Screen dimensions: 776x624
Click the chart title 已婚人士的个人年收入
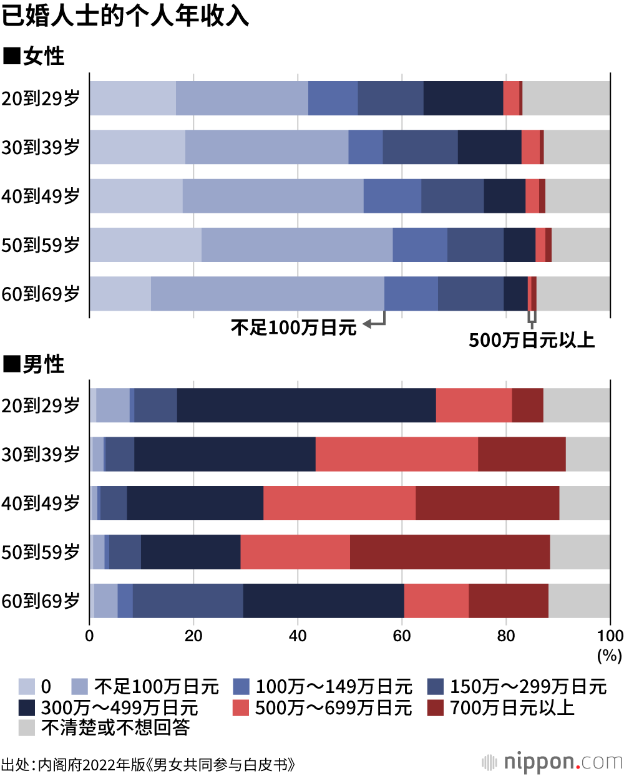point(125,16)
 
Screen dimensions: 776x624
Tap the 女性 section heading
point(34,56)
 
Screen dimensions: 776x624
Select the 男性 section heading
point(34,364)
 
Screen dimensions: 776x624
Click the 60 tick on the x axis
point(402,636)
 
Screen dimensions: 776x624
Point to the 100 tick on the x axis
point(610,636)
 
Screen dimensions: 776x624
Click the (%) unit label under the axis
point(609,655)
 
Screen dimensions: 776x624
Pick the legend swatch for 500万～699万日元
point(241,707)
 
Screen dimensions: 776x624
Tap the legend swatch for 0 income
point(27,687)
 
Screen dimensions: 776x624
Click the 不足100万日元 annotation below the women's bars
point(293,327)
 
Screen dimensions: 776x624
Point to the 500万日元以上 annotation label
point(532,340)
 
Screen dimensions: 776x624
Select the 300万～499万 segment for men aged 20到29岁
point(306,405)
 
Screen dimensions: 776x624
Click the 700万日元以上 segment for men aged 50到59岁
point(449,552)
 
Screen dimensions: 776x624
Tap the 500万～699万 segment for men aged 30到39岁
point(396,454)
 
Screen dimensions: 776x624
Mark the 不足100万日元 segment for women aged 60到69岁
point(267,294)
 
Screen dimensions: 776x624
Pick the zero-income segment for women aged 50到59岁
point(145,245)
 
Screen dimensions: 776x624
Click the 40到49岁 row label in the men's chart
point(41,503)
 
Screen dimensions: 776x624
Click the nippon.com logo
point(552,762)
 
